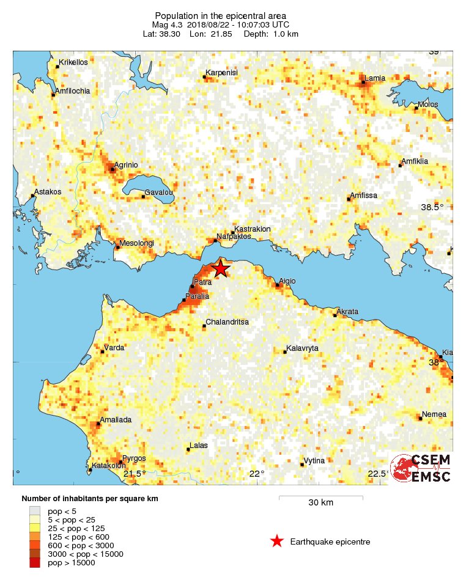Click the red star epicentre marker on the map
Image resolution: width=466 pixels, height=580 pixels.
click(220, 268)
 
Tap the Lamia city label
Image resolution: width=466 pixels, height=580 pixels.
click(374, 78)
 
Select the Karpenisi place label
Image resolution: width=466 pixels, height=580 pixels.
click(221, 73)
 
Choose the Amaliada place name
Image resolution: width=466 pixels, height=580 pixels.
click(116, 420)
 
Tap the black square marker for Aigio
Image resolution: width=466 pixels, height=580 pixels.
click(278, 285)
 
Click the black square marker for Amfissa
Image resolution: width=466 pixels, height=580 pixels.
click(349, 199)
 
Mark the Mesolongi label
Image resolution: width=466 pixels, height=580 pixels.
click(137, 243)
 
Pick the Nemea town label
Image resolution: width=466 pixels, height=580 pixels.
click(435, 414)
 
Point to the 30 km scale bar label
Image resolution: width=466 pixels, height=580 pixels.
click(320, 503)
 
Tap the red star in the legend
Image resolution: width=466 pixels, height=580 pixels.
click(277, 541)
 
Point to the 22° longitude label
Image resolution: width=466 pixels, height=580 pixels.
click(257, 473)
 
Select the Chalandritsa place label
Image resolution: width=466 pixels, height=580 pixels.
click(227, 321)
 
